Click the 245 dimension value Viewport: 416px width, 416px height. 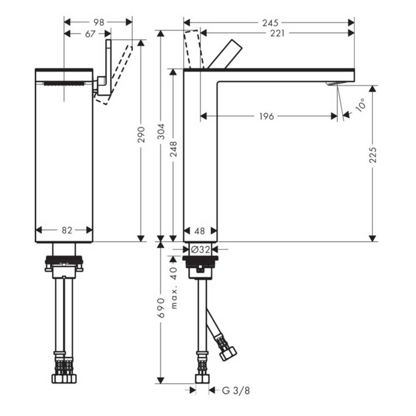270,23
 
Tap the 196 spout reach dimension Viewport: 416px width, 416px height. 266,116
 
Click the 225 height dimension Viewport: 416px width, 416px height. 373,155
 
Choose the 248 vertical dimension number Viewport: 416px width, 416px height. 173,149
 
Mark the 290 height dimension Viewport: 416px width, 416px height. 141,134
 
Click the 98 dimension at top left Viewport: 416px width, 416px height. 99,22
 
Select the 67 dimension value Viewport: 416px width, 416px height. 90,33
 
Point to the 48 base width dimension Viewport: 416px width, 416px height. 200,231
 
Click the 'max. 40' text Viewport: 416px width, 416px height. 174,287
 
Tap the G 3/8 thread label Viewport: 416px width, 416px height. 232,390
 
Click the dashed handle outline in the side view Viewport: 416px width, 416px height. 194,48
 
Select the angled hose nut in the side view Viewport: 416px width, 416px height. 228,353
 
